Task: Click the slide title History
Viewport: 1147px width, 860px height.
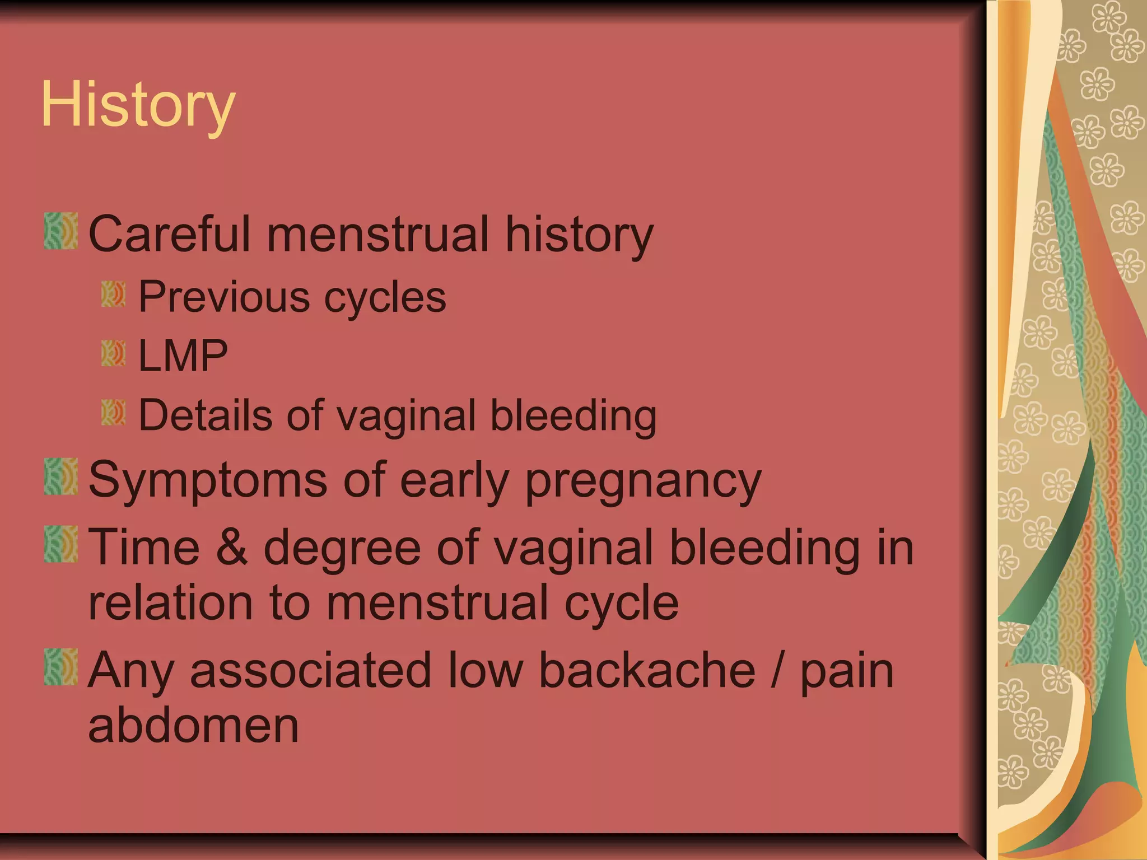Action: pyautogui.click(x=138, y=105)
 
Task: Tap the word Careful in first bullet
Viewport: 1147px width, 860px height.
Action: pyautogui.click(x=169, y=234)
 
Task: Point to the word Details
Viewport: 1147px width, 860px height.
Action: pyautogui.click(x=204, y=415)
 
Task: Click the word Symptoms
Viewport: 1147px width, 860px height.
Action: pyautogui.click(x=208, y=480)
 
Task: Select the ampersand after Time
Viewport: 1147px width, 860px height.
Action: pyautogui.click(x=231, y=547)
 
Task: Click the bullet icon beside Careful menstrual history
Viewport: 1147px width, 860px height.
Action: pyautogui.click(x=61, y=231)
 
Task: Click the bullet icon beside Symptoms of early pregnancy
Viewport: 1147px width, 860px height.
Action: pyautogui.click(x=61, y=476)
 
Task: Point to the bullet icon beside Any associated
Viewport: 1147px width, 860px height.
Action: pyautogui.click(x=61, y=667)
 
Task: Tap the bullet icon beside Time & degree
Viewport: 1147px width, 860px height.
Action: pyautogui.click(x=61, y=544)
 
